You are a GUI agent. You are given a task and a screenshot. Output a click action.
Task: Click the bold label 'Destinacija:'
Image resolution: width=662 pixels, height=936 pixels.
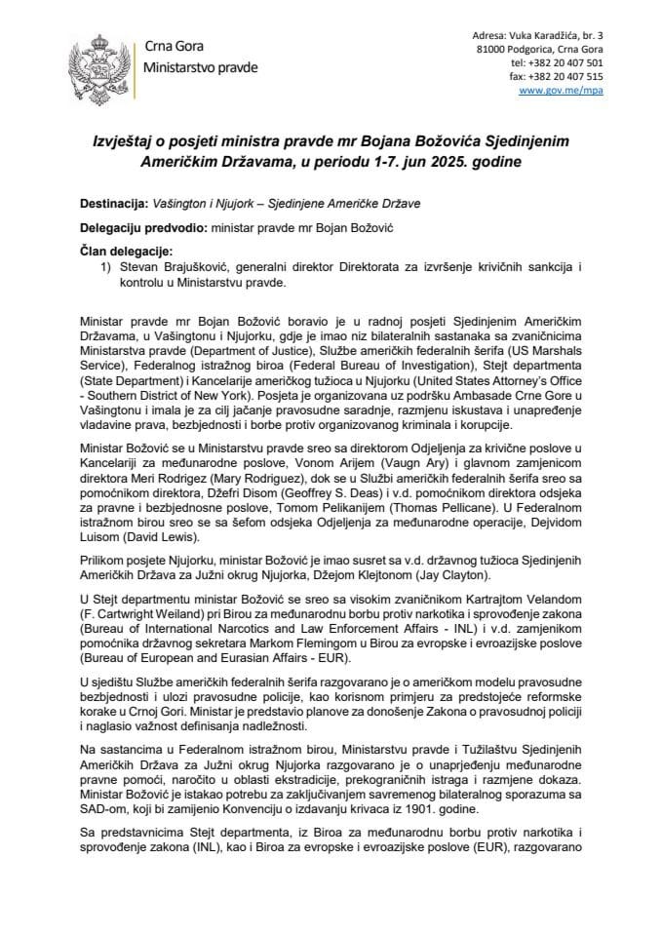116,204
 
